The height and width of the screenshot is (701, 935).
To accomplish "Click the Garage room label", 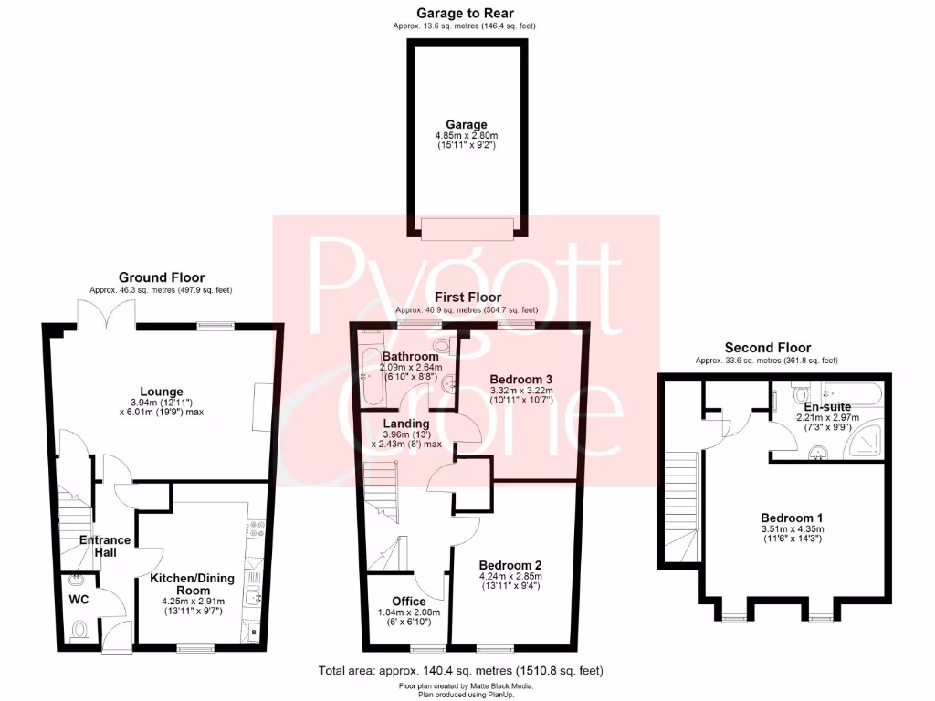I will [466, 125].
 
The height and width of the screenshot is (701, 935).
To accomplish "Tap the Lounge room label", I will [162, 392].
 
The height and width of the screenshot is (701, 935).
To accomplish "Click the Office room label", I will [409, 601].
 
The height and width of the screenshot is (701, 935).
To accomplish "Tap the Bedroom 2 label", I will [512, 563].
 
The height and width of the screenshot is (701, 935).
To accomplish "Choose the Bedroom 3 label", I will [521, 379].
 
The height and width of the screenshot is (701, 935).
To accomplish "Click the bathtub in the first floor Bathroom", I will [370, 377].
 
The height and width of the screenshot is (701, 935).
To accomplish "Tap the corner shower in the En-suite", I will [864, 443].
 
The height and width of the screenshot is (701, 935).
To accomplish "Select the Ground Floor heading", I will [162, 277].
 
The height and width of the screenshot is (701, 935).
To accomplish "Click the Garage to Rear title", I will [465, 13].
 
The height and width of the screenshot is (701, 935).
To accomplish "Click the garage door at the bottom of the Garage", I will [467, 227].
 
